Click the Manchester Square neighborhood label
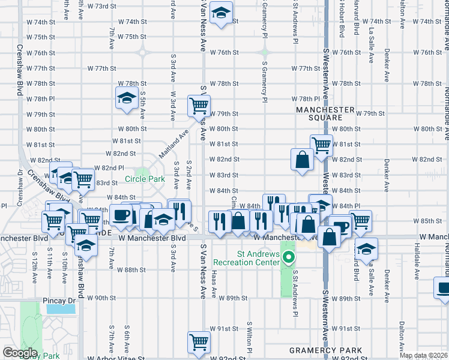(x=325, y=114)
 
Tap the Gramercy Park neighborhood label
(x=325, y=350)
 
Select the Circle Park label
(x=145, y=179)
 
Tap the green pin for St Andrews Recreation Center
(x=289, y=259)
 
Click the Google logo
(x=20, y=353)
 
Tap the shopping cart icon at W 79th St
(x=199, y=106)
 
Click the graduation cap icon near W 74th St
(x=221, y=13)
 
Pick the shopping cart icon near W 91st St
(x=199, y=342)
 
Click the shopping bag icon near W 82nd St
(x=301, y=159)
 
